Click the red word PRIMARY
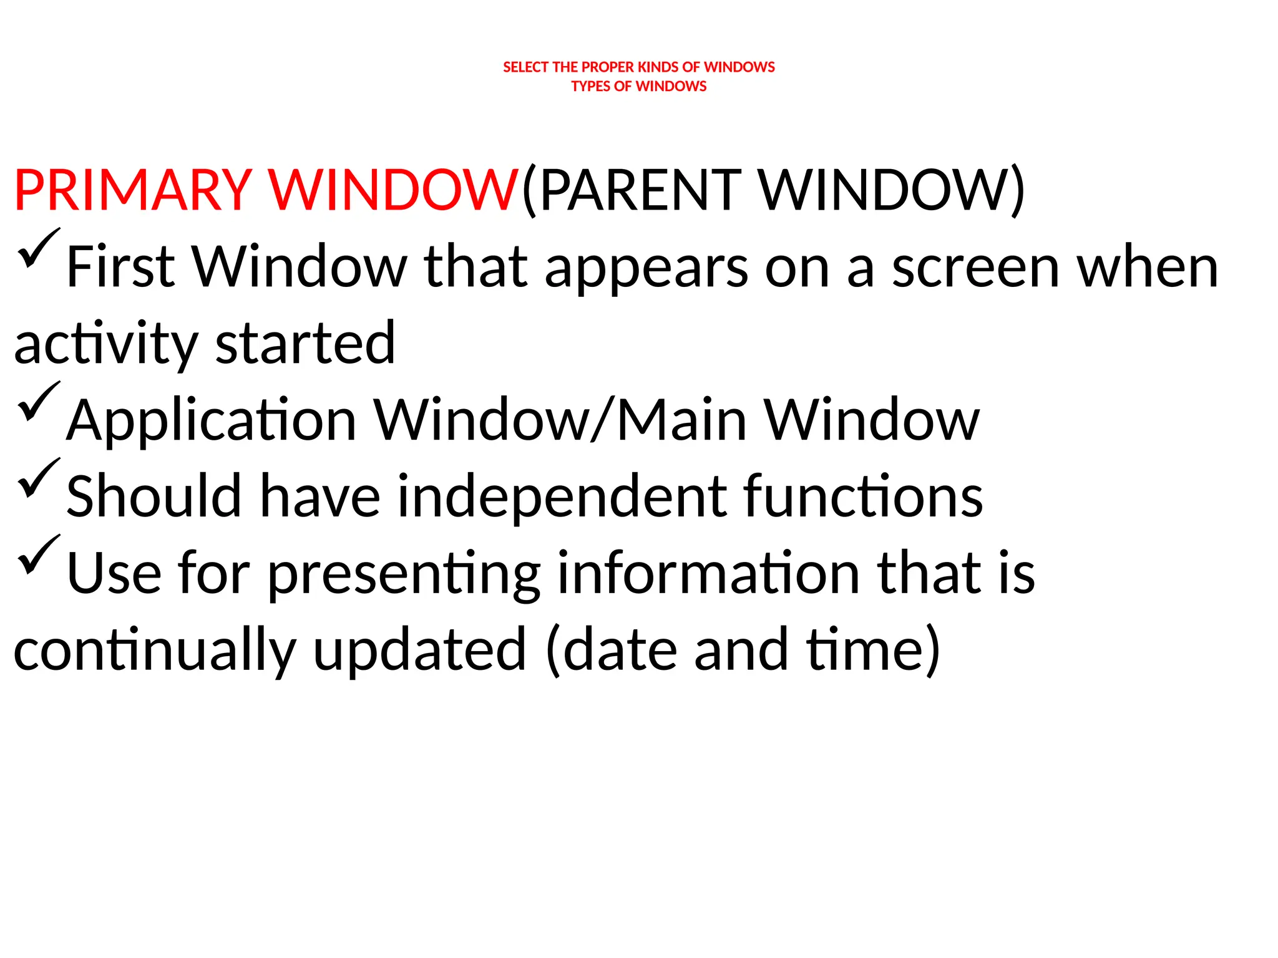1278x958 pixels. point(133,190)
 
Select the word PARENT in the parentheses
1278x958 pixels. point(640,190)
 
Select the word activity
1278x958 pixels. point(105,345)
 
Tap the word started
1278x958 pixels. point(305,344)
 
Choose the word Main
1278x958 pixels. point(681,420)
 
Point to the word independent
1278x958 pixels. point(562,498)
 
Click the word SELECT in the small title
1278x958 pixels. point(525,67)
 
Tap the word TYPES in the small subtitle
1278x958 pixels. point(590,87)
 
